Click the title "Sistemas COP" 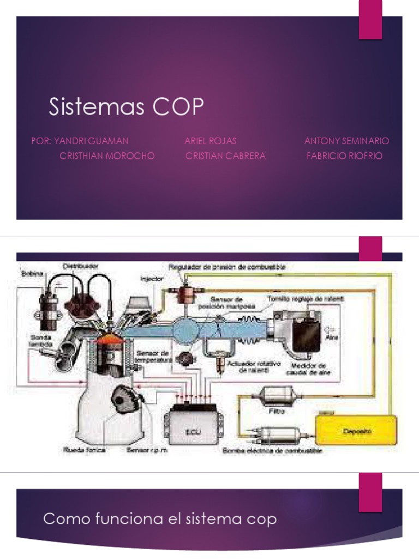pyautogui.click(x=125, y=108)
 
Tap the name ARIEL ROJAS pyautogui.click(x=211, y=141)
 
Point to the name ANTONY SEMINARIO pyautogui.click(x=346, y=141)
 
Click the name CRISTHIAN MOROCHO pyautogui.click(x=107, y=156)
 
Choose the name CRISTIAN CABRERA pyautogui.click(x=225, y=156)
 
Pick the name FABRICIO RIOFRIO pyautogui.click(x=345, y=156)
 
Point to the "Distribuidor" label pyautogui.click(x=80, y=266)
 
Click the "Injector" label pyautogui.click(x=152, y=278)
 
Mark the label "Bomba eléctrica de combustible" pyautogui.click(x=272, y=451)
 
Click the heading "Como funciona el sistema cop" pyautogui.click(x=160, y=519)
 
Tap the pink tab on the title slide pyautogui.click(x=370, y=20)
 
